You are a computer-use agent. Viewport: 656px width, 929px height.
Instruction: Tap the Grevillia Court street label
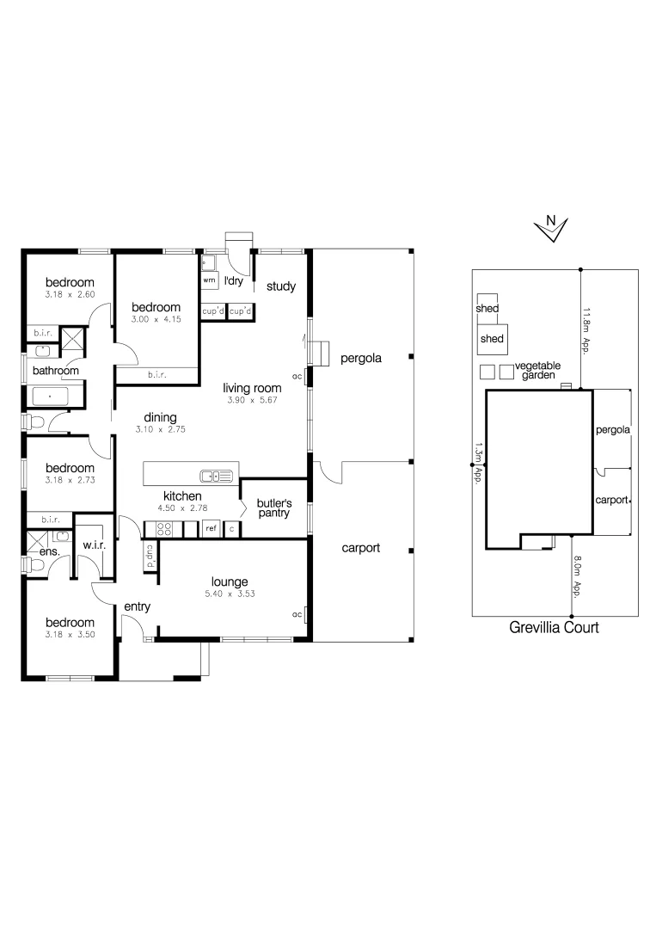click(554, 628)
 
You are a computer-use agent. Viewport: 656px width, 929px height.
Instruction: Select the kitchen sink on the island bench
click(217, 475)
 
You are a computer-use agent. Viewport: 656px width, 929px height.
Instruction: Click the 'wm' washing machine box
click(209, 280)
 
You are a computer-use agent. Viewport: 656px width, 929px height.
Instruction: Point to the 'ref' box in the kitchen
click(211, 528)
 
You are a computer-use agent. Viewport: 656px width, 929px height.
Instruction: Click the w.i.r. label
click(94, 544)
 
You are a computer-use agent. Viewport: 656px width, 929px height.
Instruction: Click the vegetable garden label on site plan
click(537, 371)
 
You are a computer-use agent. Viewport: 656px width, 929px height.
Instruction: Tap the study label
click(281, 286)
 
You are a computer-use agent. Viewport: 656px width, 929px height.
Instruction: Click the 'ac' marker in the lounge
click(297, 614)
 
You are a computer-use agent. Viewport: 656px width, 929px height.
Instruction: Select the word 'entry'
click(137, 606)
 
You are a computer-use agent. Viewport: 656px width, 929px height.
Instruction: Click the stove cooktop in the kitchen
click(163, 529)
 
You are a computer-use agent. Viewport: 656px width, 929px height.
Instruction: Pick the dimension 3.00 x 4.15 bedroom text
click(156, 320)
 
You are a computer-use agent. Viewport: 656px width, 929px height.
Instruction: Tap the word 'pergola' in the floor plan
click(360, 357)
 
